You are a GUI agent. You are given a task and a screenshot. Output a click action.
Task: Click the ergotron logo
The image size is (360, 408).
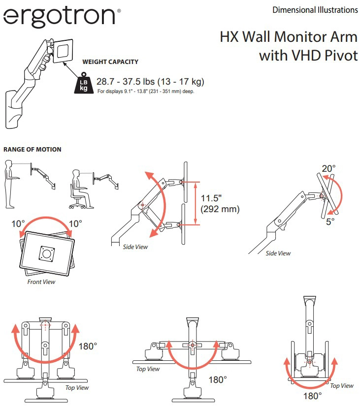click(60, 17)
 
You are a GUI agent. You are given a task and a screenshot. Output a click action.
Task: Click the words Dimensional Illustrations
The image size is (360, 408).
click(315, 9)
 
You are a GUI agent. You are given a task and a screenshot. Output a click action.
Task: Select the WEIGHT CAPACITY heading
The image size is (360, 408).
click(110, 62)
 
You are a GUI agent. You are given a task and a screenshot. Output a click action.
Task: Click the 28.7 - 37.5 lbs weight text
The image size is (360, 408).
click(150, 82)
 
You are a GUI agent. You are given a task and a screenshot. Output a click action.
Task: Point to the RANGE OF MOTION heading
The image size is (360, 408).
click(33, 149)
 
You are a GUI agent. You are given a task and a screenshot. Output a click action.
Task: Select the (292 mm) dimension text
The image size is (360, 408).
click(220, 209)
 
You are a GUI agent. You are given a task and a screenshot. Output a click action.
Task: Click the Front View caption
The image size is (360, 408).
click(41, 282)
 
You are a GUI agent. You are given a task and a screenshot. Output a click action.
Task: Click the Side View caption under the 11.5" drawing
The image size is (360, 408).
click(135, 247)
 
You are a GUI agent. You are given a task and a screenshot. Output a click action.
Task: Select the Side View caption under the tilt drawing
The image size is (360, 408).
click(278, 253)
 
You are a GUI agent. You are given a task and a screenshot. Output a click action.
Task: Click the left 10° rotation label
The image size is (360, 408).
click(19, 223)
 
